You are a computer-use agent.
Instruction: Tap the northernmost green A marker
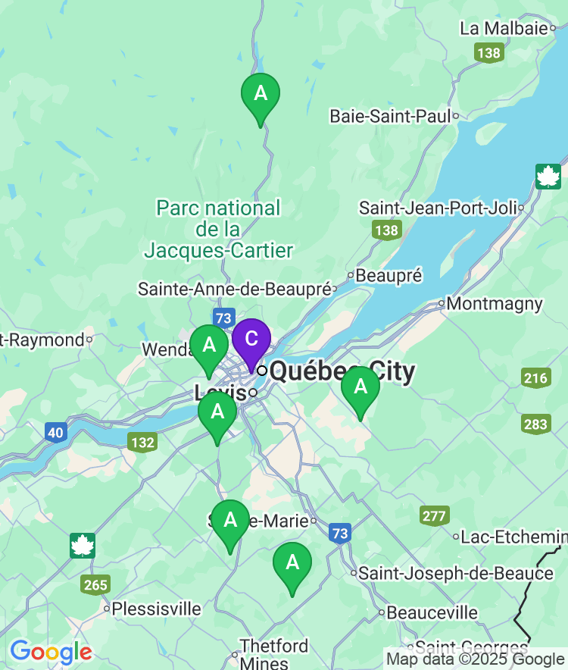[x=261, y=95]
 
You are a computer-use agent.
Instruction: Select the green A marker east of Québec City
[x=360, y=388]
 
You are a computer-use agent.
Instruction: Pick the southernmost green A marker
[x=292, y=564]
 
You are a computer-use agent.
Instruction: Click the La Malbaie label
[x=503, y=28]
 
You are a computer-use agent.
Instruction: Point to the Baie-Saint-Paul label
[x=390, y=116]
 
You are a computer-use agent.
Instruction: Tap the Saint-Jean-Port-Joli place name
[x=437, y=208]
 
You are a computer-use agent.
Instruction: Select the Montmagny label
[x=495, y=304]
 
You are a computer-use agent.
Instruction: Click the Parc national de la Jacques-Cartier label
[x=218, y=229]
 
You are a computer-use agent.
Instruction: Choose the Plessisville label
[x=157, y=609]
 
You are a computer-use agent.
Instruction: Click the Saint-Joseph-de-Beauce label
[x=456, y=574]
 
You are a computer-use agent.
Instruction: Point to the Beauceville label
[x=432, y=612]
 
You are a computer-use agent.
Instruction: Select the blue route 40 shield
[x=55, y=433]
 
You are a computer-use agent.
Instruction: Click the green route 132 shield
[x=142, y=443]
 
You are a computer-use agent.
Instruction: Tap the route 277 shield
[x=434, y=516]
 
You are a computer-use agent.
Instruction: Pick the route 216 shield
[x=535, y=378]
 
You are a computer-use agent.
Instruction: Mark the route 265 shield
[x=96, y=584]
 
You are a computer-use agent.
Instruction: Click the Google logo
[x=51, y=652]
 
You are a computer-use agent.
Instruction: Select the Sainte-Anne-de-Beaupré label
[x=235, y=289]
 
